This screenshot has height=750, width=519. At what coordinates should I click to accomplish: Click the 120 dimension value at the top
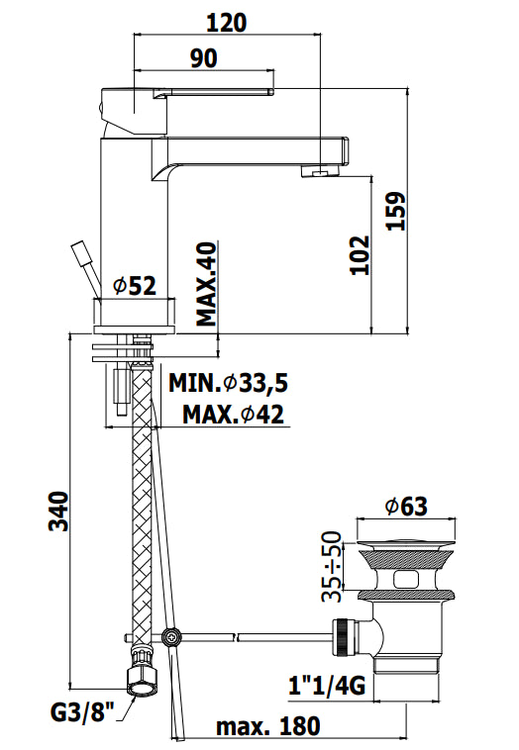click(227, 23)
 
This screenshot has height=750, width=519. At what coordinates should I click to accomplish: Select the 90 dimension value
click(204, 58)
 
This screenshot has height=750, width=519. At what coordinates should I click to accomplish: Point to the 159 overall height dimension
click(396, 211)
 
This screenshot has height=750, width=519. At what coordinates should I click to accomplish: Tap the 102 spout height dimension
click(361, 255)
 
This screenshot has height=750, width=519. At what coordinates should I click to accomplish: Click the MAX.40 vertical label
click(207, 284)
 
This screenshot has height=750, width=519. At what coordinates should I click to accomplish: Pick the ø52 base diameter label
click(135, 286)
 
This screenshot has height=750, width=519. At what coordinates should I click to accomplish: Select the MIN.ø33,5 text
click(229, 383)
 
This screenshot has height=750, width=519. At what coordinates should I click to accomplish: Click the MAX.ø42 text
click(233, 415)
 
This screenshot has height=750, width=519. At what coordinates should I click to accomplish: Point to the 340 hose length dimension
click(59, 511)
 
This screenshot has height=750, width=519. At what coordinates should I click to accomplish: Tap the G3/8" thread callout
click(83, 712)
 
